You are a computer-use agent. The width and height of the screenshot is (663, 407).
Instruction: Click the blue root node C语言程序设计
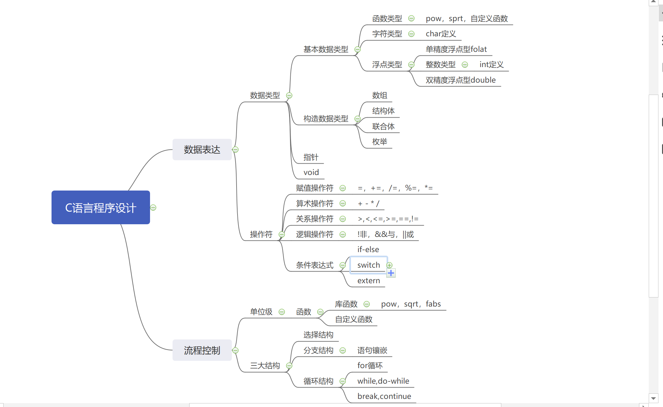100,207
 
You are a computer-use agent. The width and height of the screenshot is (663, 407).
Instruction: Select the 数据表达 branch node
202,149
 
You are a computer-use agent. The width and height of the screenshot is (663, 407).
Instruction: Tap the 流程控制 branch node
202,350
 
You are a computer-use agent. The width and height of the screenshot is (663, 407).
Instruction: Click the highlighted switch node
368,265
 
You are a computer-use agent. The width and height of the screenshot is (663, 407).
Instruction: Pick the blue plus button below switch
391,273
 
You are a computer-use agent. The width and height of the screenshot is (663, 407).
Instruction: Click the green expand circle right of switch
390,265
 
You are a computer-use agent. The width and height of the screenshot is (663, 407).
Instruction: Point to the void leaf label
311,172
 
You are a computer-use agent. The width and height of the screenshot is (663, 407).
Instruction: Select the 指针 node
311,157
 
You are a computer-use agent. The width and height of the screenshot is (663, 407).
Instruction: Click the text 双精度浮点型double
460,80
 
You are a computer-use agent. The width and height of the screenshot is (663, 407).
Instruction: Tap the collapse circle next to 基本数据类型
357,50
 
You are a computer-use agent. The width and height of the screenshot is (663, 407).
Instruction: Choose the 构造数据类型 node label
326,119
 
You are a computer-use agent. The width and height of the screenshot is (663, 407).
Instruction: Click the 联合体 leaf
383,126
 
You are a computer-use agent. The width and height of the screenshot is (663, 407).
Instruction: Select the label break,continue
384,396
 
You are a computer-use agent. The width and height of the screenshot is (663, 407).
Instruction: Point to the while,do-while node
383,381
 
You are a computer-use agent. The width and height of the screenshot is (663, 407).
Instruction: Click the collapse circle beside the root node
153,207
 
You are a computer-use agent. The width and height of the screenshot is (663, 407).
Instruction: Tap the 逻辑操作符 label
314,234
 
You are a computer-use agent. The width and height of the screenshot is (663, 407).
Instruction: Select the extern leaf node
368,281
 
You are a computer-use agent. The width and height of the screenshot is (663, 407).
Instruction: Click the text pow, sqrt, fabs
411,304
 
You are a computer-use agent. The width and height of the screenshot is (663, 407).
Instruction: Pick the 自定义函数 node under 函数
354,320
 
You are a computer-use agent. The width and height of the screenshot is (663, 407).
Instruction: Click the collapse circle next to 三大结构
289,366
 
